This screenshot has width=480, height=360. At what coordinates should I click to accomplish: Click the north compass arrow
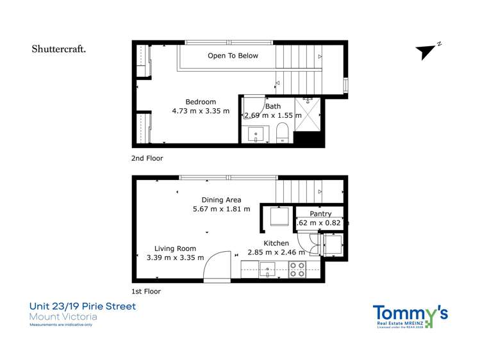(x=427, y=52)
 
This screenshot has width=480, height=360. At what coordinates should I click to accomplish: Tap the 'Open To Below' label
(x=233, y=56)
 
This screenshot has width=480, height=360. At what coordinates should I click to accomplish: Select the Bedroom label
(x=201, y=102)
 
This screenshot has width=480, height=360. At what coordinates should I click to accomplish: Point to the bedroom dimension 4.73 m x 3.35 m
(x=201, y=111)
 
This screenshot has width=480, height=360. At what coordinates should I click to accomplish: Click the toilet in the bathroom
(x=281, y=134)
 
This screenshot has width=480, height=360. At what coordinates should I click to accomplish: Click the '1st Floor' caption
(x=147, y=291)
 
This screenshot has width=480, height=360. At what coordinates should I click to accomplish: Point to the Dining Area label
(x=221, y=200)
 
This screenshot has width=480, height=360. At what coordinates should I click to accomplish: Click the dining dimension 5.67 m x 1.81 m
(x=221, y=209)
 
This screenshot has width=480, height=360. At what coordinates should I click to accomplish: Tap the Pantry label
(x=320, y=213)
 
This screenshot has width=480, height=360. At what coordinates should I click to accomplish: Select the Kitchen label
(x=276, y=243)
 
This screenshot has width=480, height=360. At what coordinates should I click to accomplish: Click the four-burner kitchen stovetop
(x=297, y=269)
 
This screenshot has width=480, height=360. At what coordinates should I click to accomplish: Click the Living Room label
(x=175, y=249)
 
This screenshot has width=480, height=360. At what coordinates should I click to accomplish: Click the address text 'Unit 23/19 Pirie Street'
(x=83, y=306)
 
